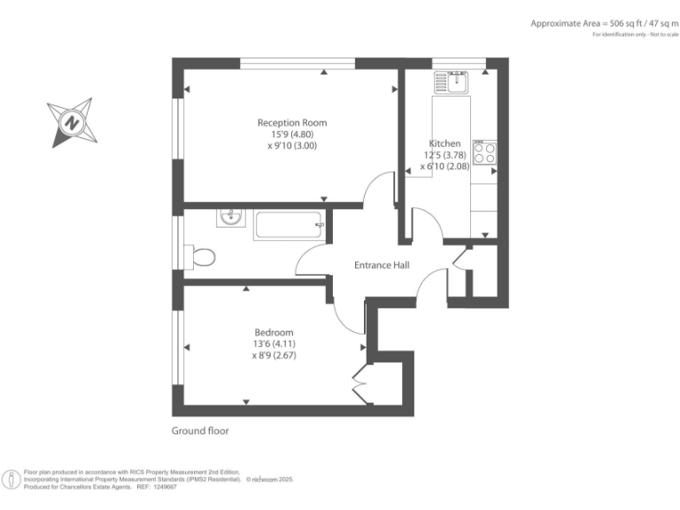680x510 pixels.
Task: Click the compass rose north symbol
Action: [73, 122]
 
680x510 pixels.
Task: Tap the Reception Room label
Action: [291, 122]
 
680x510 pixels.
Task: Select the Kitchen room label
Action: [444, 143]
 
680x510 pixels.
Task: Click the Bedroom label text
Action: [273, 332]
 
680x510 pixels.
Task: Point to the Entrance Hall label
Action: [382, 265]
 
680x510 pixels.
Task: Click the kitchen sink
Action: [452, 83]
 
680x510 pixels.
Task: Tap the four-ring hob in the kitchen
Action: [484, 152]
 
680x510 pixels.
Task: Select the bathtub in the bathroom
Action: [289, 226]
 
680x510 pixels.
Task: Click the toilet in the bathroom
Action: [201, 257]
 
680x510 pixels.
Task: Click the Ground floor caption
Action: [199, 431]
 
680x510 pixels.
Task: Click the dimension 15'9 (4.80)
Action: [291, 135]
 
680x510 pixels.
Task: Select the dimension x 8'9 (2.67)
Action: [273, 356]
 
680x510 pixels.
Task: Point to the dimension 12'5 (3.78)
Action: [445, 155]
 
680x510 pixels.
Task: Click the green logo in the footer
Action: [12, 479]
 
